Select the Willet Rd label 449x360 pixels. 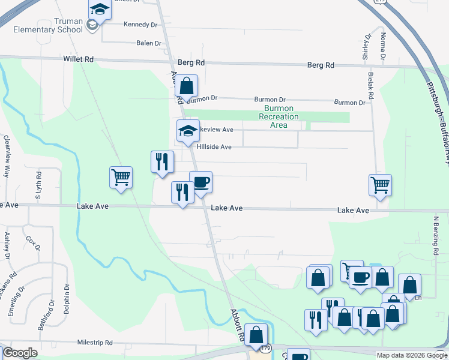click(x=78, y=59)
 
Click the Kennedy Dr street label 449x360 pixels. click(x=140, y=25)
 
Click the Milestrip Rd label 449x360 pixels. click(x=95, y=343)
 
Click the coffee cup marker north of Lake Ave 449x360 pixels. click(x=200, y=182)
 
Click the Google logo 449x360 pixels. click(x=20, y=353)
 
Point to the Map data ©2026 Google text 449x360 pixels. click(x=412, y=355)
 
